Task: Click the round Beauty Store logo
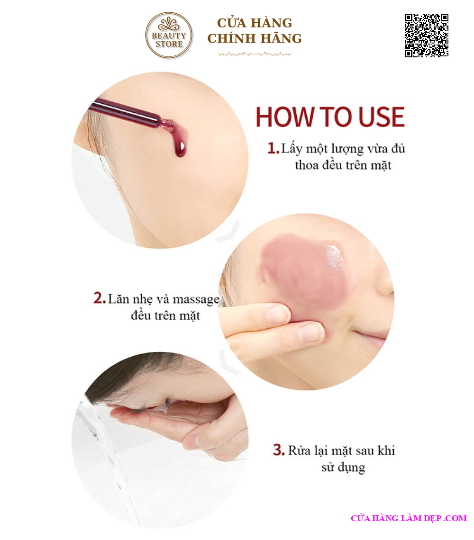point(169,35)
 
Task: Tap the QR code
point(427,35)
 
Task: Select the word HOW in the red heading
point(286,117)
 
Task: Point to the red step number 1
point(273,148)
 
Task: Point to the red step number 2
point(99,298)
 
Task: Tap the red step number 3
point(279,450)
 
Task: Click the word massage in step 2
point(196,300)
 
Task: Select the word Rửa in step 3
point(299,450)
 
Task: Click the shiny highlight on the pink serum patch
point(334,254)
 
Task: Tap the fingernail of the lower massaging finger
point(311,331)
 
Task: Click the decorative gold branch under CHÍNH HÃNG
point(255,54)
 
